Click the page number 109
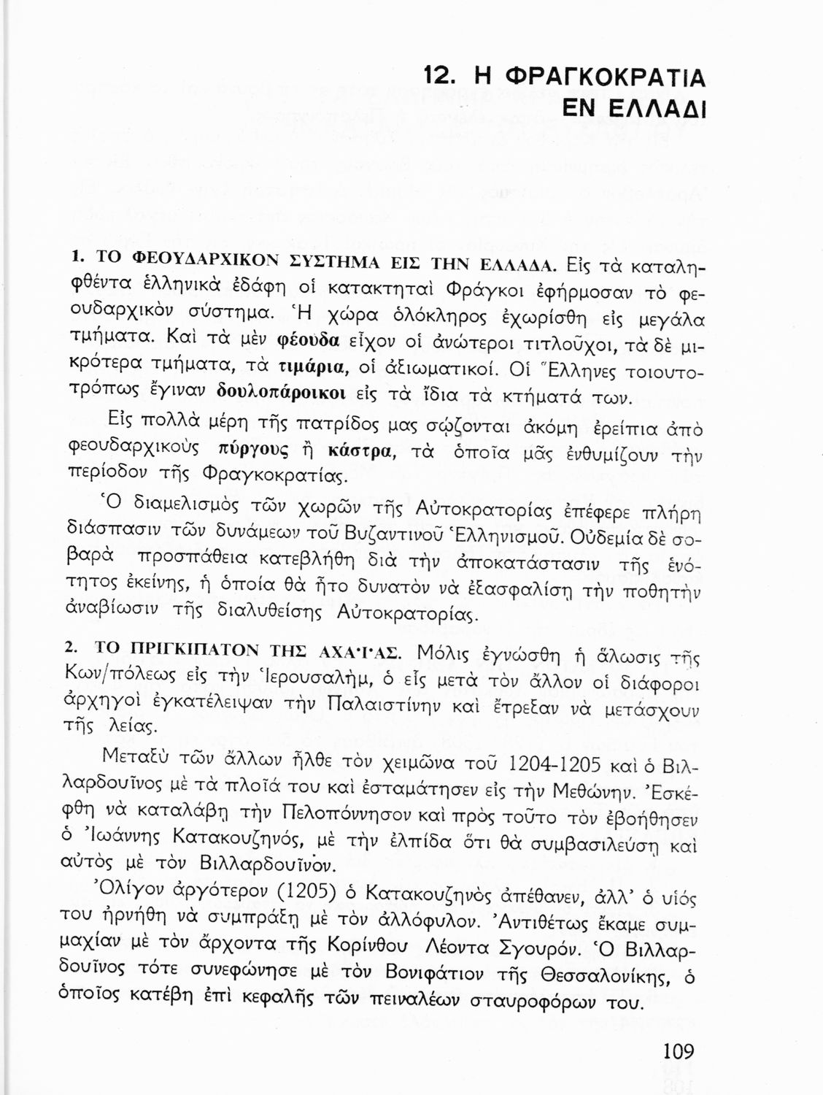click(678, 1052)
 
